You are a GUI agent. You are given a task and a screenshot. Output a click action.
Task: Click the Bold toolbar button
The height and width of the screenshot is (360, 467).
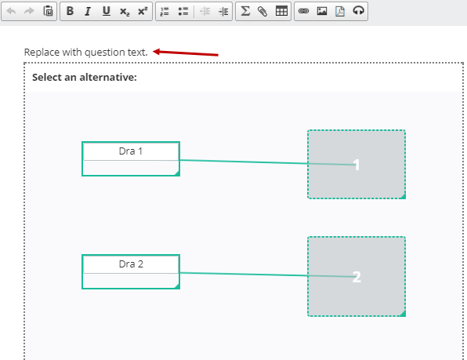pos(70,11)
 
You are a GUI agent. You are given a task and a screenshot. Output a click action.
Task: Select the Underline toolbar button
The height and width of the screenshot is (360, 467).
pos(107,11)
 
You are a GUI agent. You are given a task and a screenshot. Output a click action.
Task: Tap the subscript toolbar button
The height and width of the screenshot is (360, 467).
pos(125,12)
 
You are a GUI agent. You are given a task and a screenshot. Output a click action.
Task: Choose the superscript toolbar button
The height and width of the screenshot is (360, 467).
pos(143,11)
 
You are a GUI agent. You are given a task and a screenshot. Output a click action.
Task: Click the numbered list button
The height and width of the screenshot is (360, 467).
pos(165,11)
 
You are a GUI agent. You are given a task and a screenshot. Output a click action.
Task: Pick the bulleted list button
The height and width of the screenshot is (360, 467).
pos(183,11)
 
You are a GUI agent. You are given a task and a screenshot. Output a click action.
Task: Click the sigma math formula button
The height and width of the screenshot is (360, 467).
pos(245,11)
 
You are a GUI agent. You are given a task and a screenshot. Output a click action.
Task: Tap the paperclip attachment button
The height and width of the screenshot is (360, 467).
pos(262,11)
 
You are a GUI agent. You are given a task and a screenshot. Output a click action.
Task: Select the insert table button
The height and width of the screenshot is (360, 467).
pos(281,11)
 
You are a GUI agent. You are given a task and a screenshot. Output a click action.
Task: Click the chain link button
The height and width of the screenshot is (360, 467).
pos(303,11)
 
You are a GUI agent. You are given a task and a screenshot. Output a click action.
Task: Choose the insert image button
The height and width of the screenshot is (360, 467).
pos(322,11)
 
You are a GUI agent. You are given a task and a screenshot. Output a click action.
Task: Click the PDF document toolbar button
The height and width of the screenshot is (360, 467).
pos(340,11)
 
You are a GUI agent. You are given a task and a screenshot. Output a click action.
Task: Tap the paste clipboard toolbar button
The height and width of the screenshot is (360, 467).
pos(48,11)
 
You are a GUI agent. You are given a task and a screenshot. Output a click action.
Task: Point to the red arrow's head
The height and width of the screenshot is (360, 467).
pos(153,52)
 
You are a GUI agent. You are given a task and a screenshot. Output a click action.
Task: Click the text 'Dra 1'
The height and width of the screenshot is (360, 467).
pos(130,151)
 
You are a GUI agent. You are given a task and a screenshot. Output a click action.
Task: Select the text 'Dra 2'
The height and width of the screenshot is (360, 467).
pos(131,264)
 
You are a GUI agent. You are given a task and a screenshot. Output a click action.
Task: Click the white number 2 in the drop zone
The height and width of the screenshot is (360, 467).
pos(357,277)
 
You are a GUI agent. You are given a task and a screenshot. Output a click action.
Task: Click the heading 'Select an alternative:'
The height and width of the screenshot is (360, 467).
pos(85,77)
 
